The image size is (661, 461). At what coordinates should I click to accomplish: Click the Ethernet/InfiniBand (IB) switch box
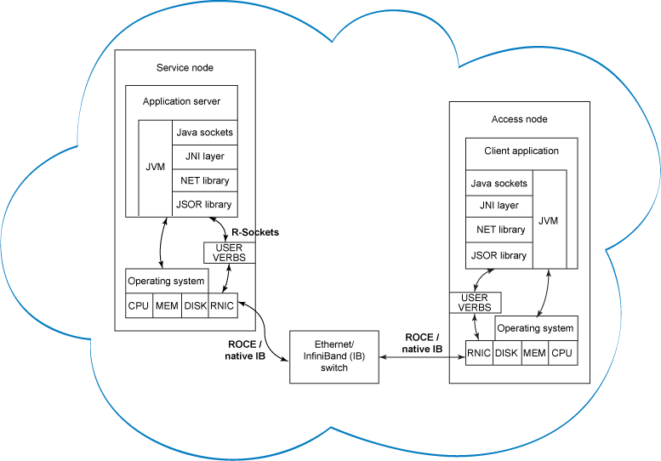click(x=334, y=356)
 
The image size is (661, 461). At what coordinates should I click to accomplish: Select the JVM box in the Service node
click(x=155, y=168)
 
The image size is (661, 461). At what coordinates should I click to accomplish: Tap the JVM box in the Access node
click(x=549, y=220)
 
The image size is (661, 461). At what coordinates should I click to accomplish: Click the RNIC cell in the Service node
click(x=222, y=305)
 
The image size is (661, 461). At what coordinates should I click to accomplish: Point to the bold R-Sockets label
click(x=255, y=232)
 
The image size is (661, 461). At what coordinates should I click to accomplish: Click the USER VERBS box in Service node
click(x=229, y=253)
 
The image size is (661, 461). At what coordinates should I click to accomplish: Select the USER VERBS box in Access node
click(x=475, y=302)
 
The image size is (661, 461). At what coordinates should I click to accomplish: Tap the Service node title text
click(x=185, y=68)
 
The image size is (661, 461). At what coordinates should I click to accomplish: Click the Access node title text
click(x=519, y=120)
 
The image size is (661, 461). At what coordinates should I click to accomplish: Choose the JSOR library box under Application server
click(x=204, y=204)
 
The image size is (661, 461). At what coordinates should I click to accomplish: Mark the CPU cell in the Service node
click(x=139, y=305)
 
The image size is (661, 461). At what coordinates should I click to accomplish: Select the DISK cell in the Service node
click(x=195, y=305)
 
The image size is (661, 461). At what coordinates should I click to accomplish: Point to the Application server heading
click(x=181, y=102)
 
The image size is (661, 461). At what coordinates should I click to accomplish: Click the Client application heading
click(x=521, y=151)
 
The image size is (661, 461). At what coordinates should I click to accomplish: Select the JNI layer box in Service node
click(x=204, y=157)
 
